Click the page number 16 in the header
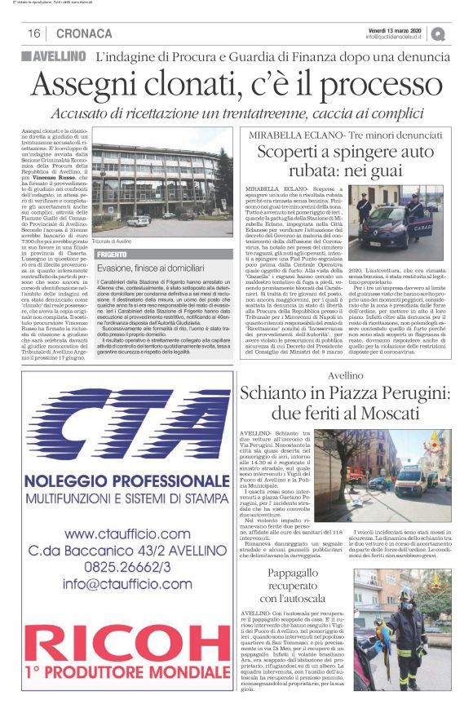coord(34,33)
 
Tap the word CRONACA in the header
coord(85,33)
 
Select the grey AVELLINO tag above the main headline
coord(54,57)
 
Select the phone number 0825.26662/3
coord(127,568)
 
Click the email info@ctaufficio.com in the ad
coord(127,584)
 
